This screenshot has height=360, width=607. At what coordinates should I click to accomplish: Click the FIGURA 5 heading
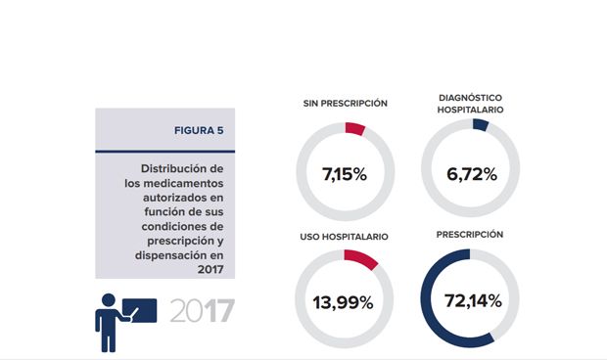point(199,129)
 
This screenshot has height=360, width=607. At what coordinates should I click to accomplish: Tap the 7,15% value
point(344,175)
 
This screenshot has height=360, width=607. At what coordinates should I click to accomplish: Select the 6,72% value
point(471,175)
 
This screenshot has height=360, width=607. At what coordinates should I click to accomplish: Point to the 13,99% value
point(344,302)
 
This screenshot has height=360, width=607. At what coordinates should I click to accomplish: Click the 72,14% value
point(471,302)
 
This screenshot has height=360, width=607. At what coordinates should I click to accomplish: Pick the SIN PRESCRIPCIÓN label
point(344,103)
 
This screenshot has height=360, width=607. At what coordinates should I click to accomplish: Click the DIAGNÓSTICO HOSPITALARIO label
point(471,104)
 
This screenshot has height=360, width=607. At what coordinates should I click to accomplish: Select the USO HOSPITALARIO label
point(344,237)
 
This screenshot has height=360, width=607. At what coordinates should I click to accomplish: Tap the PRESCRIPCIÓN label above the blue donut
point(471,235)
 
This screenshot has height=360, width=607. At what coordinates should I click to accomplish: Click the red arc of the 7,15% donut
point(355,129)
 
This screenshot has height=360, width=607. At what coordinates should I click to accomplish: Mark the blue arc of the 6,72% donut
point(480,125)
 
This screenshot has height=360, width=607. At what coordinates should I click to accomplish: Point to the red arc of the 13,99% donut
point(361,258)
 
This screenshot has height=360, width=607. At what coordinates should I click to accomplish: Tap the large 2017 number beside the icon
point(203,312)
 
